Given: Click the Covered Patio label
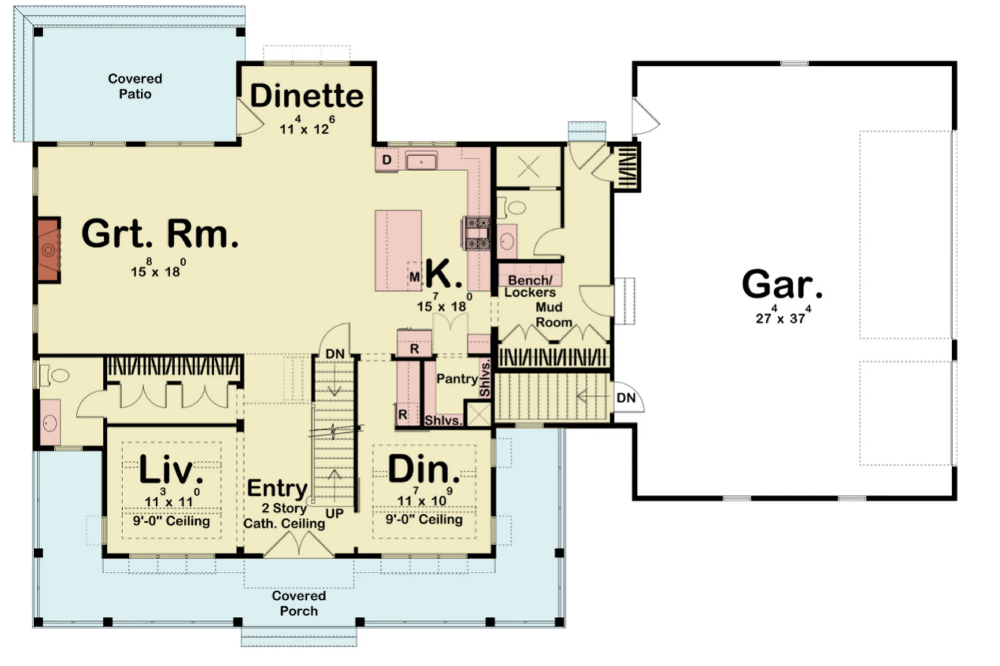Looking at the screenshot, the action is [135, 86].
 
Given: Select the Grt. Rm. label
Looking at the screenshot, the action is [160, 233].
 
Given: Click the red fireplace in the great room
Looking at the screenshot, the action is [48, 249].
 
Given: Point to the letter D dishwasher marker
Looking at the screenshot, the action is [386, 160].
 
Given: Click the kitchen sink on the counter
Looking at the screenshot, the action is [421, 161].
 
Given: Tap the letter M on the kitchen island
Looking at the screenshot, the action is [414, 277].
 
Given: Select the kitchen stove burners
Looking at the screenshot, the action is [477, 233].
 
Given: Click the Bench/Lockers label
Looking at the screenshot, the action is [530, 286].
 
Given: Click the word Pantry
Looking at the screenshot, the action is [457, 379].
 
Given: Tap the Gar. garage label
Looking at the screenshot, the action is [782, 284].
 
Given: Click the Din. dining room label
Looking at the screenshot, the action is [424, 469].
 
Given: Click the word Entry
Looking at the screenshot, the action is [277, 488].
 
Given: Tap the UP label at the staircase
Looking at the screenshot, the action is [334, 513].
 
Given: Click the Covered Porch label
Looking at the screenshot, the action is [298, 603].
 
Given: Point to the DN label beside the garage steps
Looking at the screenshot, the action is [626, 398].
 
